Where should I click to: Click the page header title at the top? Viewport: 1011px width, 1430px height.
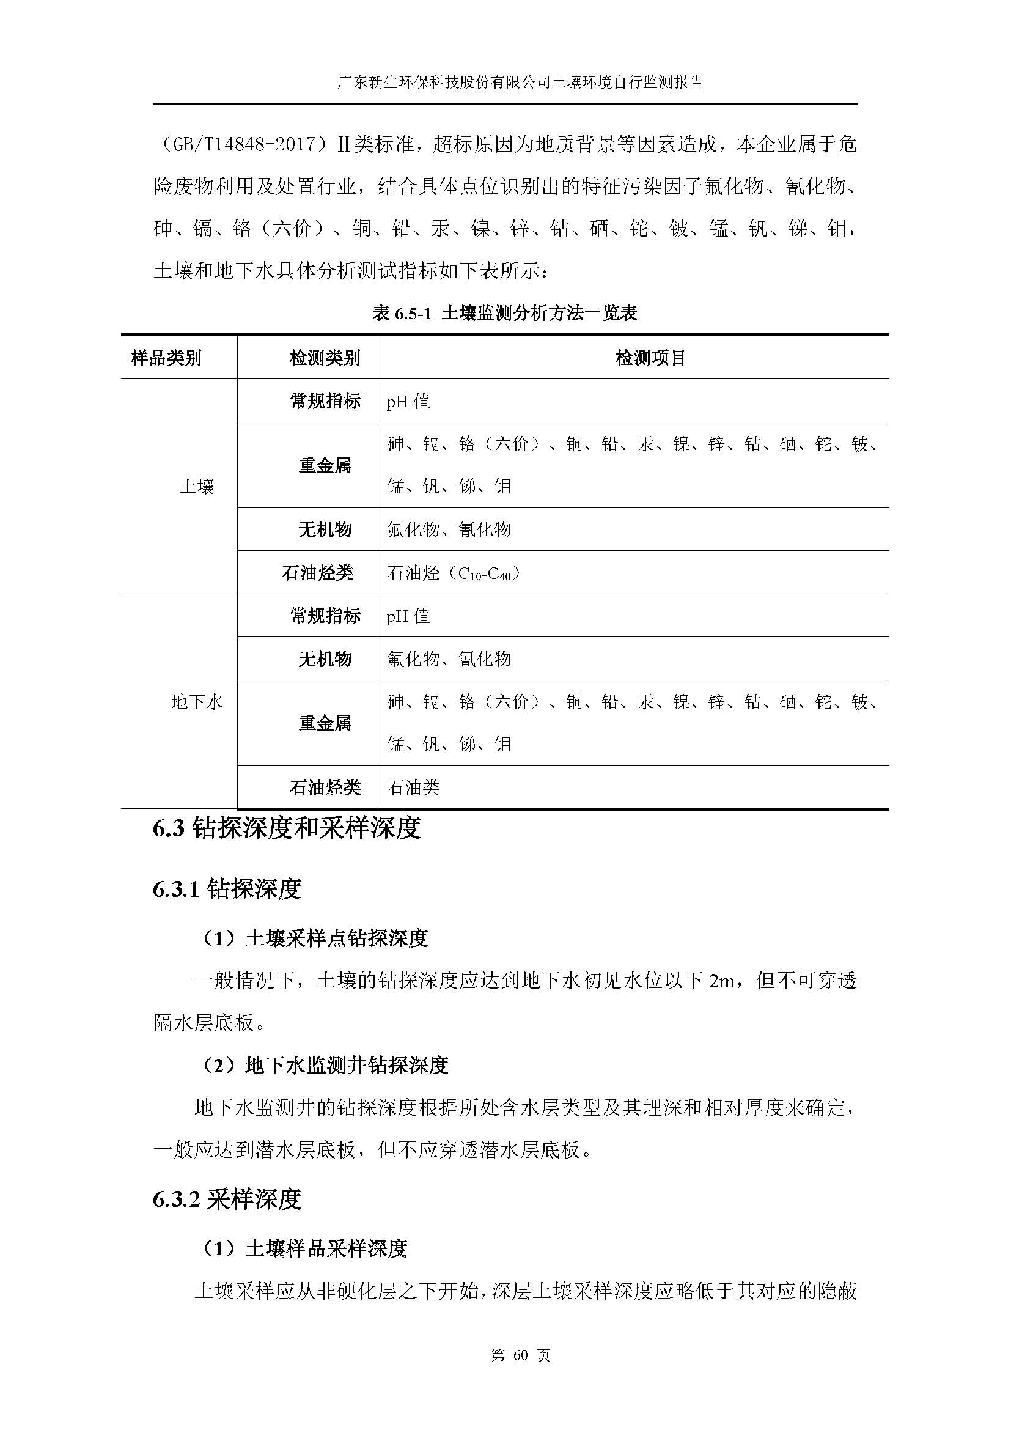(520, 82)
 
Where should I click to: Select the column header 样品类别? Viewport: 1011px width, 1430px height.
(166, 358)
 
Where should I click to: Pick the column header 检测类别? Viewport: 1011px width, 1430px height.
(325, 358)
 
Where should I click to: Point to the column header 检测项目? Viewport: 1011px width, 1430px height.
(650, 358)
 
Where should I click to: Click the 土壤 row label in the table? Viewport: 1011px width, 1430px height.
(197, 487)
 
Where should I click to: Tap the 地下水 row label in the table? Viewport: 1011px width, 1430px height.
(197, 702)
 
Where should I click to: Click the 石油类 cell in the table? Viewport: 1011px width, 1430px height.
(413, 788)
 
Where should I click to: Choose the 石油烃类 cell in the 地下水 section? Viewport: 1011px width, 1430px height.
(325, 788)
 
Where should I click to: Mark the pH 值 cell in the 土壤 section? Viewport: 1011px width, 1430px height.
(408, 401)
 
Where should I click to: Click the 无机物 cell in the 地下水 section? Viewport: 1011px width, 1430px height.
(325, 658)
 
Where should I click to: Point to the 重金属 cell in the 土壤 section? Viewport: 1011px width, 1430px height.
(325, 465)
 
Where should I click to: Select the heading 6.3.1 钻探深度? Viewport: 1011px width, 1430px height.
(227, 889)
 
